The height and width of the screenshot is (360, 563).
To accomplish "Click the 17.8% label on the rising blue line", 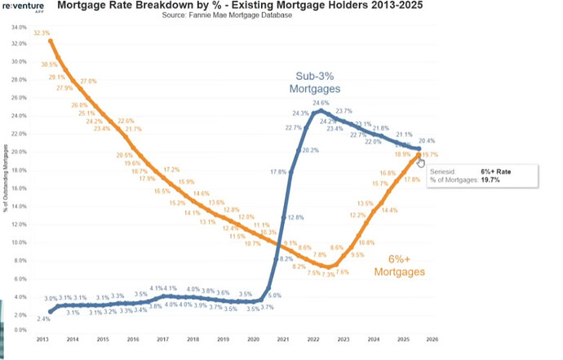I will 278,171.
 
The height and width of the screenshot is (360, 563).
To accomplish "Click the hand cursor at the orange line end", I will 421,162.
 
